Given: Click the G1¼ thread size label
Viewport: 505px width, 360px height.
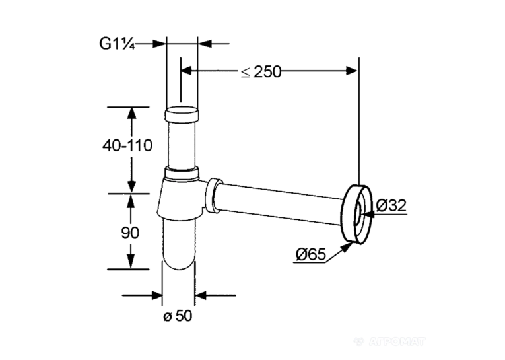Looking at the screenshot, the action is (117, 44).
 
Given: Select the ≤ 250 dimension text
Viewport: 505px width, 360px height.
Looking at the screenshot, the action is (261, 71).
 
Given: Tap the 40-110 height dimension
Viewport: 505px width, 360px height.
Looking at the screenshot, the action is (127, 146).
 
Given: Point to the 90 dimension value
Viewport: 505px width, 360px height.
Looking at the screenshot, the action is (130, 233).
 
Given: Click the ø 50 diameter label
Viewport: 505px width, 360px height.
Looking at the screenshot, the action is (178, 316).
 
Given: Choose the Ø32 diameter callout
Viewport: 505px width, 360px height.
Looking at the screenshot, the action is (391, 205).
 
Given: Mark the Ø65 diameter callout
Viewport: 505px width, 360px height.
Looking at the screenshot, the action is (311, 254).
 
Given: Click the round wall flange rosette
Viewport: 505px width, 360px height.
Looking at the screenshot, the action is (357, 213).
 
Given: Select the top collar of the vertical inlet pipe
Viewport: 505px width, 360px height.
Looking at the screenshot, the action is (182, 114).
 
